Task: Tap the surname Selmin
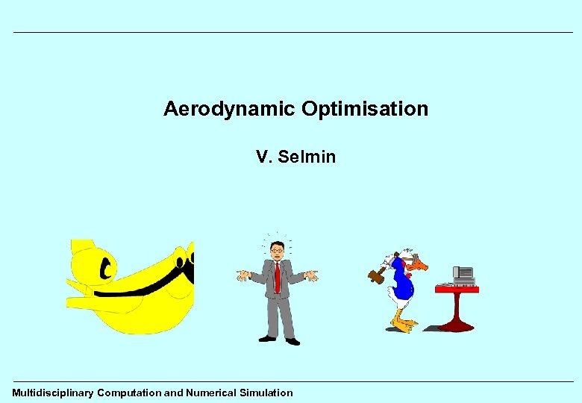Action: [x=306, y=157]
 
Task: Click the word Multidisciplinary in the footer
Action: [x=52, y=393]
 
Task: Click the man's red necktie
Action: [x=278, y=277]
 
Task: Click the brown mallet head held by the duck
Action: [x=376, y=276]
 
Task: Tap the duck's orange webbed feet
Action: [x=403, y=325]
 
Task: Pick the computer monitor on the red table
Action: [x=463, y=274]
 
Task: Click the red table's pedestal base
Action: [x=456, y=325]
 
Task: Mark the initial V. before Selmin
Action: [x=263, y=157]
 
